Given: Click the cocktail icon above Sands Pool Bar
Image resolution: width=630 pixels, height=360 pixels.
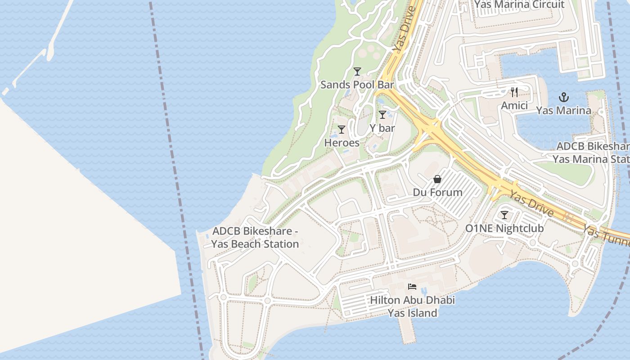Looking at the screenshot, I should [x=357, y=71].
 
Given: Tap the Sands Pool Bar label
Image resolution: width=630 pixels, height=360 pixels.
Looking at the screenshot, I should [x=357, y=85].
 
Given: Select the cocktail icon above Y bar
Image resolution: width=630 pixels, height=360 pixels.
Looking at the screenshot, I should [x=382, y=115].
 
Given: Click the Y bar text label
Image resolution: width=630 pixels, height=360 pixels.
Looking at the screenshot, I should [x=382, y=128].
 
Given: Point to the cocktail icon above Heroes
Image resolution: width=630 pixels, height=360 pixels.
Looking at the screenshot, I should [x=342, y=130].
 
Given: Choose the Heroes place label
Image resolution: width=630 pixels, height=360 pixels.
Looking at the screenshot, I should [x=342, y=143].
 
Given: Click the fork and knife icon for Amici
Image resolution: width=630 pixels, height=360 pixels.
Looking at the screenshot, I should [x=514, y=92].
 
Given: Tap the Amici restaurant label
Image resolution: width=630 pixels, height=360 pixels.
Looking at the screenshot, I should [x=514, y=105].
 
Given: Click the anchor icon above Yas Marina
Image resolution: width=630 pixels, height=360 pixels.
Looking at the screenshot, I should [x=563, y=97].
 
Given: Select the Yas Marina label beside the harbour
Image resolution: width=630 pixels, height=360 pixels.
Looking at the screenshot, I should [x=563, y=110].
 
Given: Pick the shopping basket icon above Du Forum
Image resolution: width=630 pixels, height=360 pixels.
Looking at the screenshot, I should [x=437, y=179].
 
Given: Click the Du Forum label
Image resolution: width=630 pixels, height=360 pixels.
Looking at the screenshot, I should [x=437, y=193].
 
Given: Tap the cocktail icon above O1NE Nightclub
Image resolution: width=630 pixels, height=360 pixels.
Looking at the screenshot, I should [x=504, y=215].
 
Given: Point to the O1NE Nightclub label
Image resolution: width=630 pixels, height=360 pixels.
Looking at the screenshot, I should [x=504, y=229].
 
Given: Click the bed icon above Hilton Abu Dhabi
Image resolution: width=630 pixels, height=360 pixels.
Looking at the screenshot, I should [x=412, y=286].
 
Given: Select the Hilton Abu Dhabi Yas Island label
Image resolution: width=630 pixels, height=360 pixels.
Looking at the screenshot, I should [x=413, y=306].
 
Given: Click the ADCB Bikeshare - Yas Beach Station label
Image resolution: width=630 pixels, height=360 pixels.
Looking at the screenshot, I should [x=255, y=238].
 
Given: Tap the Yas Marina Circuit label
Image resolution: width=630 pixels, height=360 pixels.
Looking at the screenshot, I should [x=519, y=4].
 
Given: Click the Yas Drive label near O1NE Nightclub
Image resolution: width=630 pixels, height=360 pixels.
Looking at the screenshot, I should [x=531, y=203].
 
